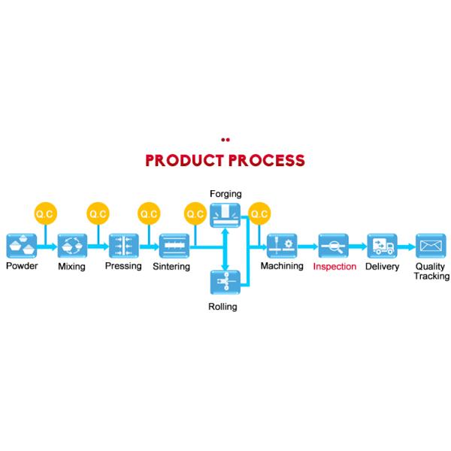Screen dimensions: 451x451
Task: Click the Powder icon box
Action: [22, 246]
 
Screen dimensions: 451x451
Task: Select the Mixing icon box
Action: [72, 246]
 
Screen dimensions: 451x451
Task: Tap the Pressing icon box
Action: [123, 246]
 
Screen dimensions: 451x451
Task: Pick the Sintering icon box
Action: [174, 246]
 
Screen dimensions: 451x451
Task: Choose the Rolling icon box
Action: [223, 282]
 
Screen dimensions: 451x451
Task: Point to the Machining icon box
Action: [282, 246]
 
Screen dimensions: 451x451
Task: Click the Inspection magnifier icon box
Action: [333, 246]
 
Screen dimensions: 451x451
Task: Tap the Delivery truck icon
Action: [382, 246]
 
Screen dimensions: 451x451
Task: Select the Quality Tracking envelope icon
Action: [431, 246]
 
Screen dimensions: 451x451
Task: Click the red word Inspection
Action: [334, 267]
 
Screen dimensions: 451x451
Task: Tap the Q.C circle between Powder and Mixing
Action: [47, 214]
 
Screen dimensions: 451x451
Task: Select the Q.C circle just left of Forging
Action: [195, 214]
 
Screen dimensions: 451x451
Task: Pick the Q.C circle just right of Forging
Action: [259, 214]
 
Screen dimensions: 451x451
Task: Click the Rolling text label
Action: [222, 307]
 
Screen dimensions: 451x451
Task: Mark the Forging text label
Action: [225, 194]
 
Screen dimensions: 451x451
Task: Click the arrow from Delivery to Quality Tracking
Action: [406, 246]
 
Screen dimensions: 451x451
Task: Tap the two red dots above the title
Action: [225, 139]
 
